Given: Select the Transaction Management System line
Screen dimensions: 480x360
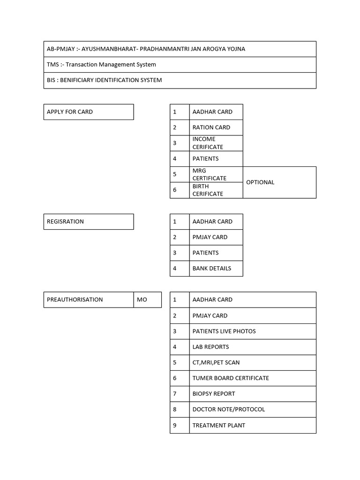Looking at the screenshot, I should (x=101, y=64).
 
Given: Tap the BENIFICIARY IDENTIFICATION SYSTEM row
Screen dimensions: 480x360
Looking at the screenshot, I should (x=104, y=80).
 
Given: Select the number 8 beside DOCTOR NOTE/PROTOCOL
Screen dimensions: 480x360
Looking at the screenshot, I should (x=175, y=409).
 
